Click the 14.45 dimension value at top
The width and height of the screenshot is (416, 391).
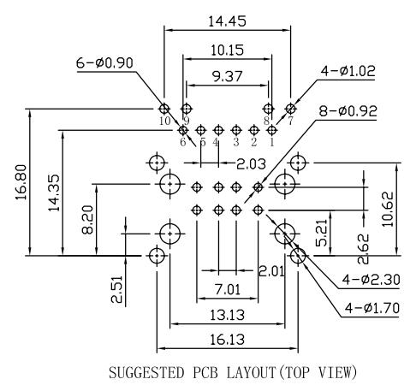point(227,21)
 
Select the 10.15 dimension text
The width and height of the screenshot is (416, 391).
point(228,50)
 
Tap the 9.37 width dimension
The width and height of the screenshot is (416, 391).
point(228,76)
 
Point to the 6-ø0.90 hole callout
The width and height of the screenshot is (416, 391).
point(104,63)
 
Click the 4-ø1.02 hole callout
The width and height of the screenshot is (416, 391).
point(348,71)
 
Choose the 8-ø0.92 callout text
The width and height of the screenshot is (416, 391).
point(348,111)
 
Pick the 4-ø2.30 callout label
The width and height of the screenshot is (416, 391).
point(371,280)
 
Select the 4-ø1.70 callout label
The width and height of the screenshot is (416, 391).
point(372,308)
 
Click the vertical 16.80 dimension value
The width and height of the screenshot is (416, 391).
point(21,182)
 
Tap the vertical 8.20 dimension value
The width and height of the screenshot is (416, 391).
point(87,220)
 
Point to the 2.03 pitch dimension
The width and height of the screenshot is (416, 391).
point(251,164)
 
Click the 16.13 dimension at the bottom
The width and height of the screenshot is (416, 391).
point(228,340)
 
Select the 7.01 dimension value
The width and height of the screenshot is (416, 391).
point(228,290)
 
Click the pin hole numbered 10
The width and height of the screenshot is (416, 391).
point(164,109)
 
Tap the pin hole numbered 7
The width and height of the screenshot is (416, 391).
point(291,109)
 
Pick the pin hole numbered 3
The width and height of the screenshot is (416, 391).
point(235,130)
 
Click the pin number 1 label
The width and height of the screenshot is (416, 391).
point(271,142)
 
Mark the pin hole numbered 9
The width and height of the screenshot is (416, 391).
point(187,109)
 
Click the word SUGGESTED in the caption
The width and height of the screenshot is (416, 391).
point(146,373)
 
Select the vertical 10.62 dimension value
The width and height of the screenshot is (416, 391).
point(388,210)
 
